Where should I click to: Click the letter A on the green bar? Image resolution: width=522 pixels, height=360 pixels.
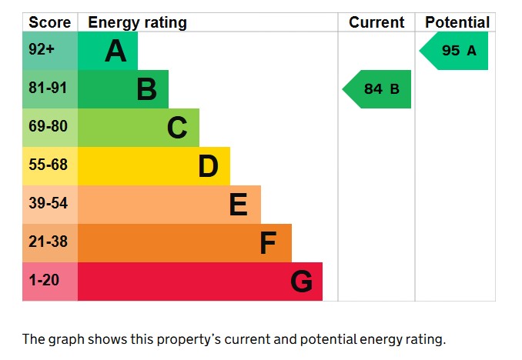[x=115, y=52]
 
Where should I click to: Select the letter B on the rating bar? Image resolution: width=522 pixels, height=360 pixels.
[x=146, y=90]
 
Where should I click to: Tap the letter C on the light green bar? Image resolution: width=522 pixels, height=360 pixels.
[x=177, y=128]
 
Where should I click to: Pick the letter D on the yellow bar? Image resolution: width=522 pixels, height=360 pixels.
[x=208, y=166]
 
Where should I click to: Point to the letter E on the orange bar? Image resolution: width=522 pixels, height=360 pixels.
[x=238, y=205]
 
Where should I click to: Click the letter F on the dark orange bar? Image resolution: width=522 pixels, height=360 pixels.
[x=268, y=243]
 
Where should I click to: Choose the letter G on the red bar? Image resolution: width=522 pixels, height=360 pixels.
[x=301, y=282]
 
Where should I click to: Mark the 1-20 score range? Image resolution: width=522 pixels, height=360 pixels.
[x=43, y=281]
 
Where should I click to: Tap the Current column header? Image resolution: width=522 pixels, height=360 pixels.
[x=376, y=23]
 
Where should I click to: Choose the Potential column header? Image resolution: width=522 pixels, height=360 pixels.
[x=457, y=23]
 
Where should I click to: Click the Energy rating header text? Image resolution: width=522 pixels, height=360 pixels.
[x=137, y=23]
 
